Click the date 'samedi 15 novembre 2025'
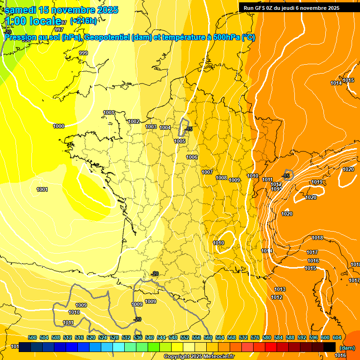tap(61, 10)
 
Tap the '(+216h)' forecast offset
tap(83, 21)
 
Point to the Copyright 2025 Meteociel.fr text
tap(199, 357)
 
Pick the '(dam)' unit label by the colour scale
tap(346, 347)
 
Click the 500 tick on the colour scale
tap(32, 337)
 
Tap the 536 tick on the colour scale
tap(138, 337)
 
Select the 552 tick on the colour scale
tap(185, 337)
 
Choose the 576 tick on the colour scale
tap(255, 337)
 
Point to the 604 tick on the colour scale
tap(337, 337)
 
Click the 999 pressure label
tap(83, 53)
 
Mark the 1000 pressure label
tap(59, 126)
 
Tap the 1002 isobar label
tap(134, 121)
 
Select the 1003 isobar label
tap(151, 127)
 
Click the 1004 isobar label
tap(165, 127)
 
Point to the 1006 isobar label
tap(192, 157)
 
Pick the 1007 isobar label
tap(207, 172)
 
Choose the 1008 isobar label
tap(221, 178)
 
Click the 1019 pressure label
tap(317, 182)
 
